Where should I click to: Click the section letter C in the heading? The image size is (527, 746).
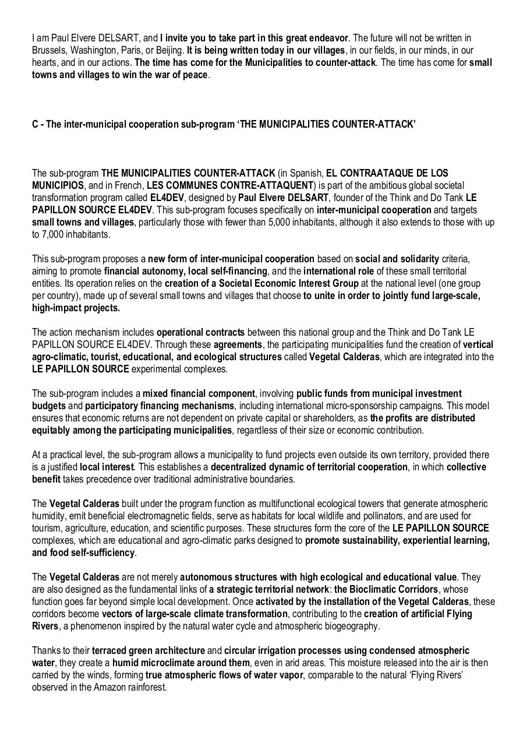[x=35, y=124]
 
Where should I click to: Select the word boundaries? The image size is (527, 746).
[x=272, y=480]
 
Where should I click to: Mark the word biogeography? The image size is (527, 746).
[x=348, y=626]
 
